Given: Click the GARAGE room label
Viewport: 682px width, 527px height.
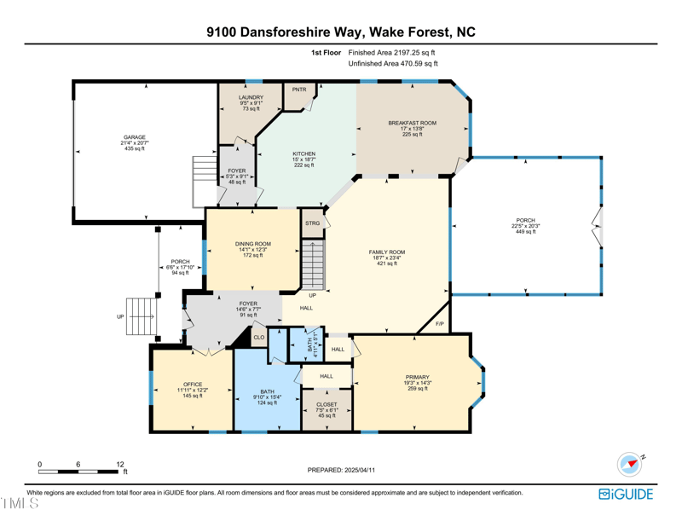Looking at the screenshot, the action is click(135, 137).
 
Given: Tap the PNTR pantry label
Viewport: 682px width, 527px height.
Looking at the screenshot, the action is click(299, 90).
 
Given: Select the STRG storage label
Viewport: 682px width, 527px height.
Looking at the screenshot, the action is click(312, 223).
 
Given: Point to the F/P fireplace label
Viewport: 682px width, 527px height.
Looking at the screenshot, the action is click(440, 324).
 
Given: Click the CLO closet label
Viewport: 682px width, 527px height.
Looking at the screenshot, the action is click(259, 337).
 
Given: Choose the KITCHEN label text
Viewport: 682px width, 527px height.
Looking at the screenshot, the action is click(304, 154).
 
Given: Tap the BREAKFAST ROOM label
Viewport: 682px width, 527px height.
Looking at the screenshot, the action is click(413, 123).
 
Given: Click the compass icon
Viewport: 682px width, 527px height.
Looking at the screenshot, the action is click(630, 465).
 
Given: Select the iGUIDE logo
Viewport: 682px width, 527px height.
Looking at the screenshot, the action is click(626, 495).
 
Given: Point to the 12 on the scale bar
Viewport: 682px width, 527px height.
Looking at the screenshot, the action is click(120, 465).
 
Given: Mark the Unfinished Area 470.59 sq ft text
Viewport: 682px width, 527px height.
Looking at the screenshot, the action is click(393, 64).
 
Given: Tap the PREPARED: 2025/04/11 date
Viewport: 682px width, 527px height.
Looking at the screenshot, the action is click(341, 470).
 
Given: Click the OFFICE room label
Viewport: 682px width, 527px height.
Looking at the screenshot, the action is click(193, 385).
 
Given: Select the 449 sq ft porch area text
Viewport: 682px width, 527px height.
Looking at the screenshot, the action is click(525, 231).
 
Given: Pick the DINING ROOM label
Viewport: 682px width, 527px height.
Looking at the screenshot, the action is click(253, 244).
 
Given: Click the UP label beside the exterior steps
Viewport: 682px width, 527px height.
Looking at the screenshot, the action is click(120, 317).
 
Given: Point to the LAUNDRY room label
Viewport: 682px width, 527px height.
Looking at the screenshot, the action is click(251, 97).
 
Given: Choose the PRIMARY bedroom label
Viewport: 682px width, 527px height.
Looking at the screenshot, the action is click(418, 377).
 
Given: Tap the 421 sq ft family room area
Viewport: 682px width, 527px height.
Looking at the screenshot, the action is click(387, 263).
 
